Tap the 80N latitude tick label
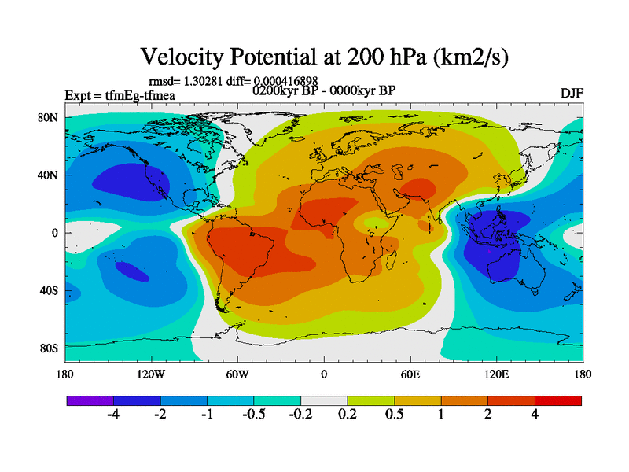tap(49, 118)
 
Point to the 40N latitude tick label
tap(49, 175)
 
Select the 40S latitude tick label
tap(49, 291)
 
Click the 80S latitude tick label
tap(49, 348)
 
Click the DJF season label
tap(572, 94)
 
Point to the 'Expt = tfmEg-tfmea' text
tap(120, 96)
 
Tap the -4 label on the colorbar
tap(113, 415)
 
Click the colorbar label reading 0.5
tap(395, 415)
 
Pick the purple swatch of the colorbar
tap(90, 400)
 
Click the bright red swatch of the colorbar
tap(558, 400)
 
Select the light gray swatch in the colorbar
tap(324, 400)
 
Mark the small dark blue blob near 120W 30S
tap(131, 271)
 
